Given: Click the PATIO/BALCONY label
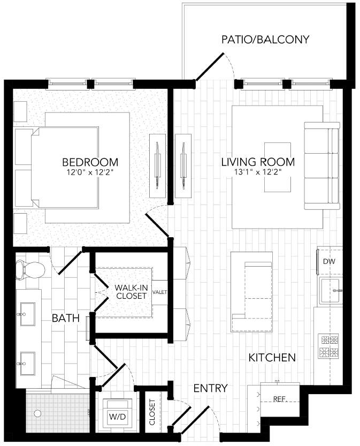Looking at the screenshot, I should pos(265,39).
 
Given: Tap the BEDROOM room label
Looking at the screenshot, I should pos(90,162).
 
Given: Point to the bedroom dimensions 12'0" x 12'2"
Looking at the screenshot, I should pos(90,172).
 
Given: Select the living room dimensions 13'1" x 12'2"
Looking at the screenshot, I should pos(258,172).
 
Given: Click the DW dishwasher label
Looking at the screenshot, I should pos(329,261).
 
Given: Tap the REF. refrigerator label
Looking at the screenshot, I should pos(279,399).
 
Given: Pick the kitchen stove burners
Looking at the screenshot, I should pos(328,345).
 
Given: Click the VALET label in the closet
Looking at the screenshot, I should pos(159,292).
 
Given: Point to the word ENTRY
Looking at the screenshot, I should pos(210,388).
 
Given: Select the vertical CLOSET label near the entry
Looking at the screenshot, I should pos(152,412).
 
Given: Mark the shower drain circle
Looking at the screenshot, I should pos(37,414).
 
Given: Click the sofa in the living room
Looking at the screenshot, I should pos(321,165).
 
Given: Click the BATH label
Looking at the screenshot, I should pos(66,319).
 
